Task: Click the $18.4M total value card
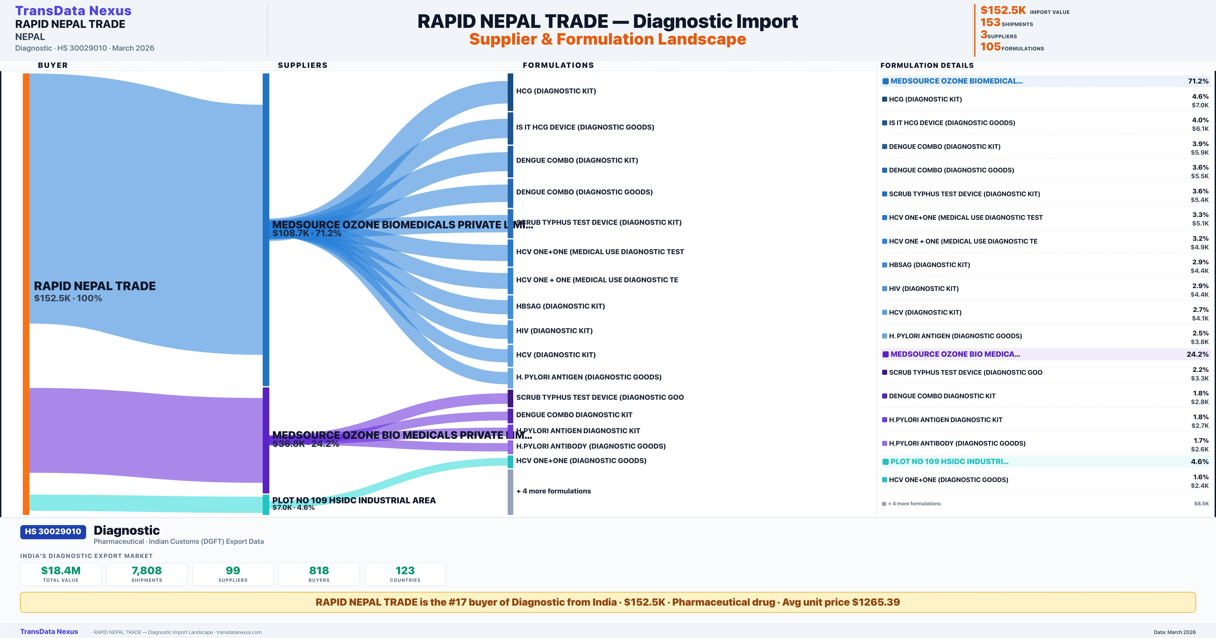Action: (61, 574)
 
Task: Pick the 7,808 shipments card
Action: (147, 574)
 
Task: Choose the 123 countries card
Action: (405, 574)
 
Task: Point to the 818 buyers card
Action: (319, 574)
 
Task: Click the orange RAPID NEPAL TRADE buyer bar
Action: (26, 293)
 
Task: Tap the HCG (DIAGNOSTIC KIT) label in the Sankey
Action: (556, 91)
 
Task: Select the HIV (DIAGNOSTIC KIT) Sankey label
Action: (554, 331)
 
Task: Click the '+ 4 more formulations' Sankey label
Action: (553, 491)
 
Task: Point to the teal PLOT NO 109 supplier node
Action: (266, 505)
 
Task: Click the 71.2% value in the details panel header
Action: (1198, 81)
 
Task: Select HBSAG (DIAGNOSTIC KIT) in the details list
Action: (929, 265)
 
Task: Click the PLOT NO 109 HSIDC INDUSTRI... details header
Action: (949, 462)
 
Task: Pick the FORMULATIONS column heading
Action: (558, 65)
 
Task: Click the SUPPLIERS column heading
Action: (302, 65)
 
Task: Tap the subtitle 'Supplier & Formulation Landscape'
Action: (607, 39)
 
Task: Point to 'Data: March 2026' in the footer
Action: (1174, 632)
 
